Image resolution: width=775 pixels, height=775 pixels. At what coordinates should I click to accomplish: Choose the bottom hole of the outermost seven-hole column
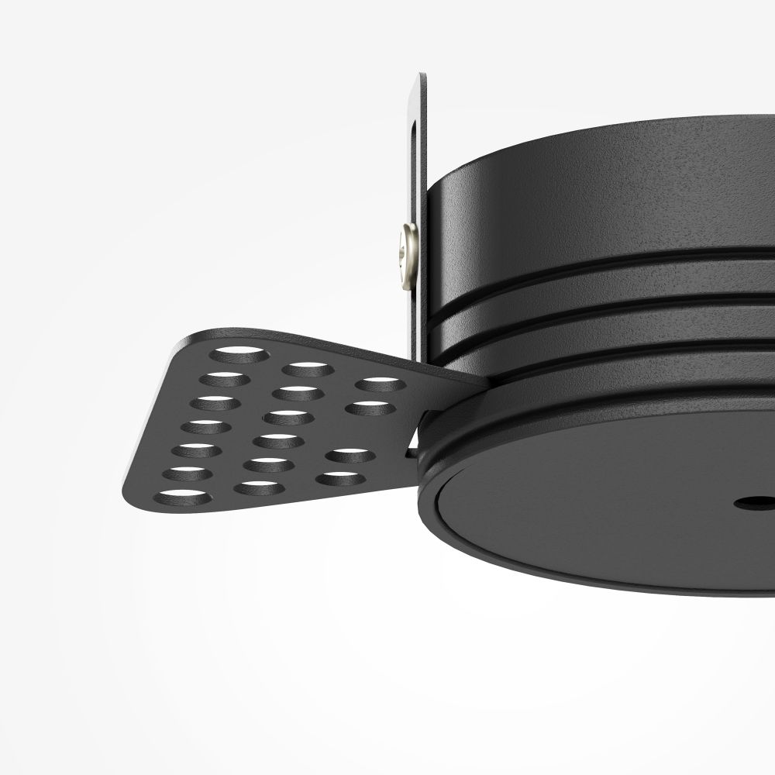(x=183, y=497)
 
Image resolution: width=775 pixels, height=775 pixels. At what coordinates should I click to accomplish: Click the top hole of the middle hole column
(x=307, y=369)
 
